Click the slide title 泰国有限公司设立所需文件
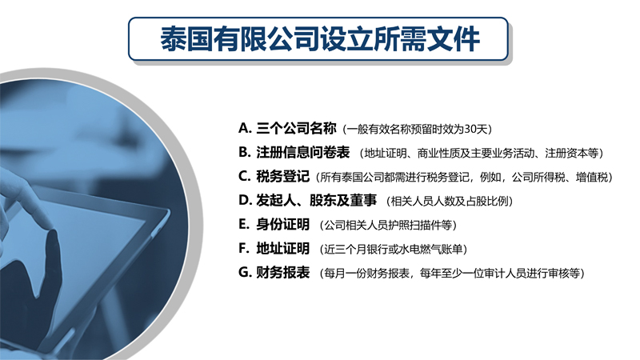pos(319,39)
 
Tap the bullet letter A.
pos(244,128)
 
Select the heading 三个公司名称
pos(296,128)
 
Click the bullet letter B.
pos(244,152)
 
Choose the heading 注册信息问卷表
pos(303,152)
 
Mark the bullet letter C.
pos(244,176)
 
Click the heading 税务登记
pos(282,176)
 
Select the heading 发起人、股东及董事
pos(316,201)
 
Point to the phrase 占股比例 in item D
pos(486,202)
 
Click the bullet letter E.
pos(243,225)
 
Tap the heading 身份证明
pos(282,225)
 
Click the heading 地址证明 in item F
pos(282,249)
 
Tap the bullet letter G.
pos(244,272)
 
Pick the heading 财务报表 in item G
pos(282,272)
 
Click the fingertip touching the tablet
pos(50,226)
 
